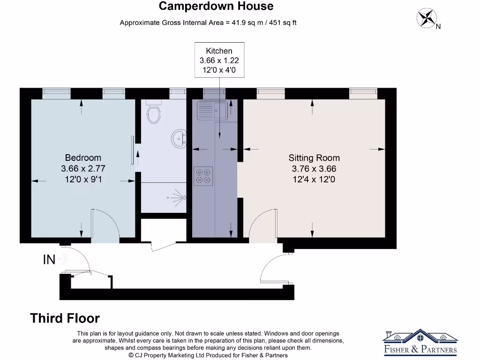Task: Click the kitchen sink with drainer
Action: coord(212,110)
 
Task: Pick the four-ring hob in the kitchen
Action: coord(203,175)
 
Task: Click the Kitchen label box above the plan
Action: coord(219,60)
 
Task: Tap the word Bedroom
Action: coord(83,157)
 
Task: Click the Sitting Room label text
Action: coord(314,158)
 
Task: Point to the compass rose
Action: coord(426,18)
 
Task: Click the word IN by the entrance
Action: coord(49,260)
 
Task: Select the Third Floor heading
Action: coord(65,318)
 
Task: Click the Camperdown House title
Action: coord(216,6)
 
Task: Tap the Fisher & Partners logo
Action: coord(420,343)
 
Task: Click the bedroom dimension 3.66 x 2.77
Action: coord(83,168)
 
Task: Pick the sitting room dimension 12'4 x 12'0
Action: coord(314,179)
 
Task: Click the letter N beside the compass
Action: coord(438,27)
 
